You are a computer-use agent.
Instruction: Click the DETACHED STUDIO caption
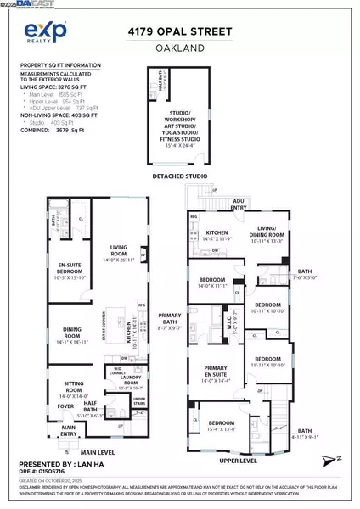point(180,176)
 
